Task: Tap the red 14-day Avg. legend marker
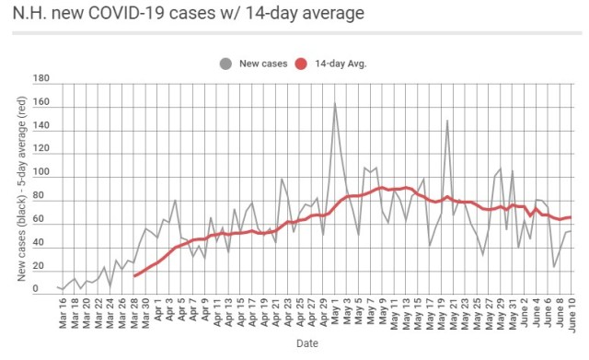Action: click(x=302, y=64)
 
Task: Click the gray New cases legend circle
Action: click(x=225, y=64)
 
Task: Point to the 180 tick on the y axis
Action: click(x=40, y=78)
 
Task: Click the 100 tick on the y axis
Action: click(x=40, y=173)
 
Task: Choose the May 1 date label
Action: click(x=335, y=311)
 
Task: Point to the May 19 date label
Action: click(x=442, y=311)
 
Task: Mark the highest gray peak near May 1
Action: click(x=334, y=103)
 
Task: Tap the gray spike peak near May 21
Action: click(x=447, y=121)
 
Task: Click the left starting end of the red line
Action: click(x=134, y=275)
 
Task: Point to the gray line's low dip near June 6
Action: click(x=553, y=267)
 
